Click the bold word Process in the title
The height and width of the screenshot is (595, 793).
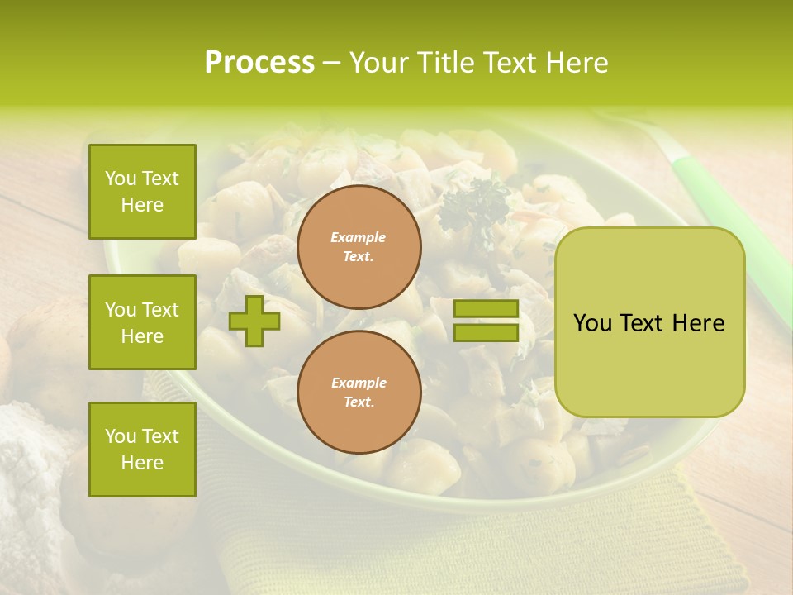point(259,63)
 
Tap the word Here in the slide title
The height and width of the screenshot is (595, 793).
point(575,63)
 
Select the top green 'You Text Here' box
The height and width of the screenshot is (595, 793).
point(142,192)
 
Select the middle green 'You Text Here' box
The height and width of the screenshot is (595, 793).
point(142,322)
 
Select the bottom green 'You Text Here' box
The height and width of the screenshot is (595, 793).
point(142,450)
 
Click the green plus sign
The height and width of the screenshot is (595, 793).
point(254,321)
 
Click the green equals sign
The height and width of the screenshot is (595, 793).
point(486,321)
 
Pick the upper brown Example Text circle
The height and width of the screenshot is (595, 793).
point(359,247)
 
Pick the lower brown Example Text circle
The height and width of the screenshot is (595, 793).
point(359,393)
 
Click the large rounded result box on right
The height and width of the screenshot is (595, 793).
point(649,322)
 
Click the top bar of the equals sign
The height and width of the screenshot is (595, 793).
point(486,309)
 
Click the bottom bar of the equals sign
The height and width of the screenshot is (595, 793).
point(486,333)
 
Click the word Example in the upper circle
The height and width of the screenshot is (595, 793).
point(359,238)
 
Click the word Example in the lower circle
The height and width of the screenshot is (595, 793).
point(359,383)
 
